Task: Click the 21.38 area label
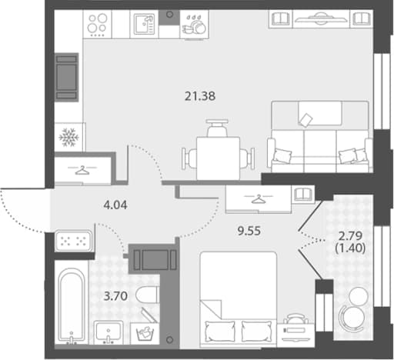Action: coord(200,96)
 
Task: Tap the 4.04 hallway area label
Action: coord(115,205)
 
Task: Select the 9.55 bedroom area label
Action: coord(249,231)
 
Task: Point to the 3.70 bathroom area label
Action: coord(115,296)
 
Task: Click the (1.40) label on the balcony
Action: coord(350,248)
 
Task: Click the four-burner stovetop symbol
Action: coord(97,25)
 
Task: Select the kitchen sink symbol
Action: coord(144,25)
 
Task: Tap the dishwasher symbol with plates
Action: coord(195,25)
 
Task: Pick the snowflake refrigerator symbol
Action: coord(68,138)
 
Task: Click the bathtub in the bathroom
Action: coord(72,305)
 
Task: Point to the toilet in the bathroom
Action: coord(146,295)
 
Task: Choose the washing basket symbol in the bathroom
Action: coord(145,333)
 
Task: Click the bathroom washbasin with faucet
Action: coord(109,332)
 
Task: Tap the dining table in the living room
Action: coord(219,158)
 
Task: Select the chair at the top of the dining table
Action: coord(217,128)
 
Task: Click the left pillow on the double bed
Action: coord(220,332)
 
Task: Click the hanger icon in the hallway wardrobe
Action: coord(82,170)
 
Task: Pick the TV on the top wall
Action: coord(321,18)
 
